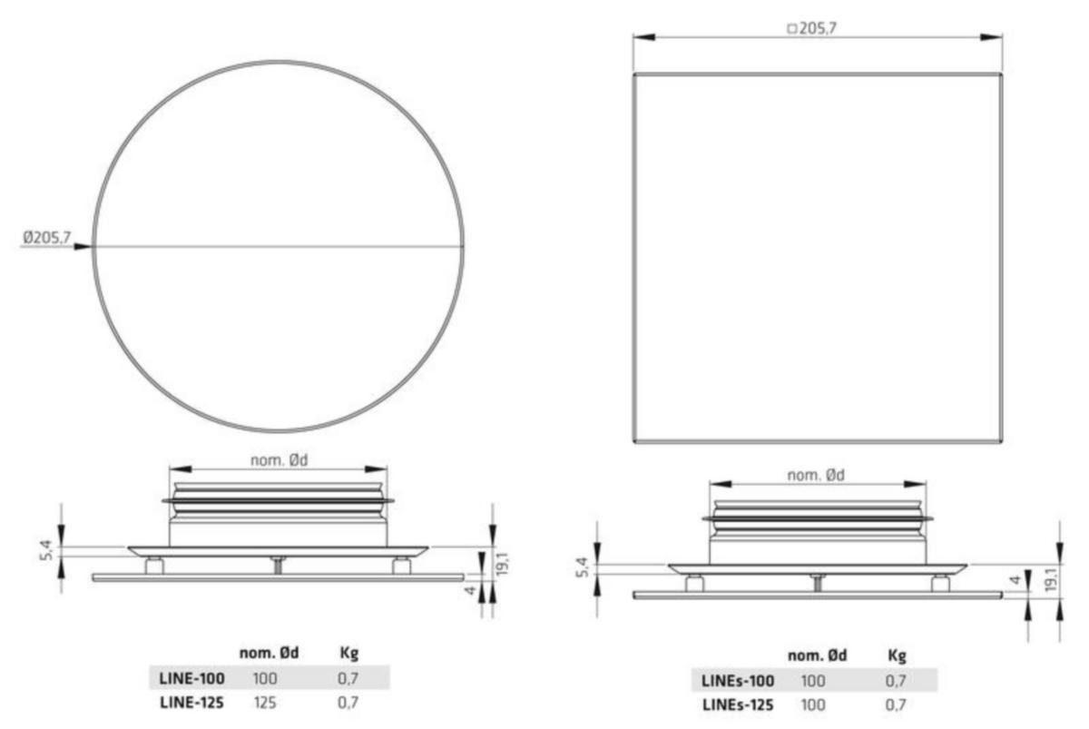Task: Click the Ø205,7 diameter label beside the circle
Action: pyautogui.click(x=46, y=237)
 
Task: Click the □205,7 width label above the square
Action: pyautogui.click(x=812, y=28)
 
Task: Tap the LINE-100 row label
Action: pyautogui.click(x=192, y=678)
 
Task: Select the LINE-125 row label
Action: pyautogui.click(x=192, y=703)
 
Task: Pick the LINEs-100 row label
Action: pyautogui.click(x=738, y=681)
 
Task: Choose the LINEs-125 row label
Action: pyautogui.click(x=738, y=704)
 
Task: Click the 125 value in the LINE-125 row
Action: pyautogui.click(x=265, y=703)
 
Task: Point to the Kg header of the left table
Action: pyautogui.click(x=349, y=654)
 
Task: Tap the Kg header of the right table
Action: pyautogui.click(x=897, y=656)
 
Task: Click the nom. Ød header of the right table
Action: pyautogui.click(x=818, y=655)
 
